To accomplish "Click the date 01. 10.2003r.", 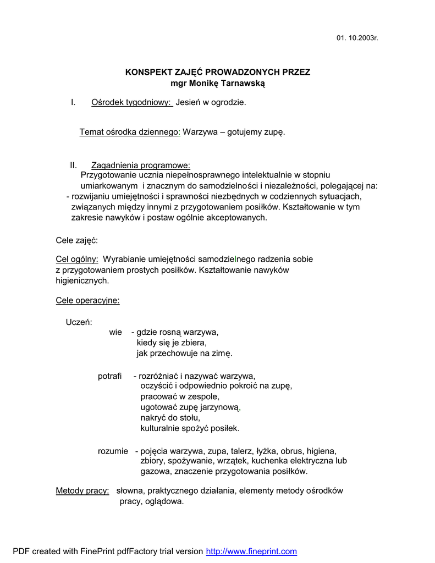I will [x=357, y=38].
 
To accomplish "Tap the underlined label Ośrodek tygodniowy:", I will [x=131, y=102].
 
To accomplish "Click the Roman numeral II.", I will [x=74, y=165].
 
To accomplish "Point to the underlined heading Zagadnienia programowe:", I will [x=141, y=165].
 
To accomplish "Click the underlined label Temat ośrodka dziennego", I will [x=129, y=132].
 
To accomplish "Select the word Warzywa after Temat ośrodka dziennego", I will [x=200, y=132].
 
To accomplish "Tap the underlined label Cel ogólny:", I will [x=77, y=259].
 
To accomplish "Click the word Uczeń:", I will [x=79, y=322].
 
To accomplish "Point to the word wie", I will [x=115, y=332].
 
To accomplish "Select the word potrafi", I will [x=109, y=376].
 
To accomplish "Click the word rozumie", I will [x=113, y=451].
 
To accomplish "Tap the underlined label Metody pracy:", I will [x=82, y=491].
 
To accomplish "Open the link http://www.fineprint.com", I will [x=251, y=551].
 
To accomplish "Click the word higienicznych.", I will [x=82, y=280].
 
